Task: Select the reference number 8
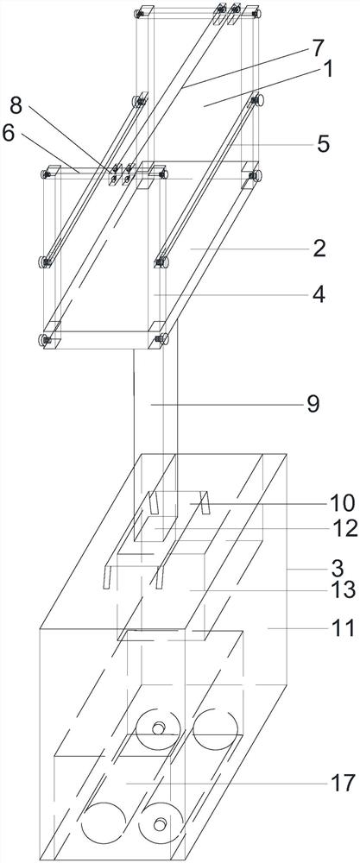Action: point(16,106)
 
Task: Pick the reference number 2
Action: point(319,249)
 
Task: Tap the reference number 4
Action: point(319,294)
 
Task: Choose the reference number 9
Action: point(312,405)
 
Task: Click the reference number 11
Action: point(343,627)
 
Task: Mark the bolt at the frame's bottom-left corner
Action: point(45,339)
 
